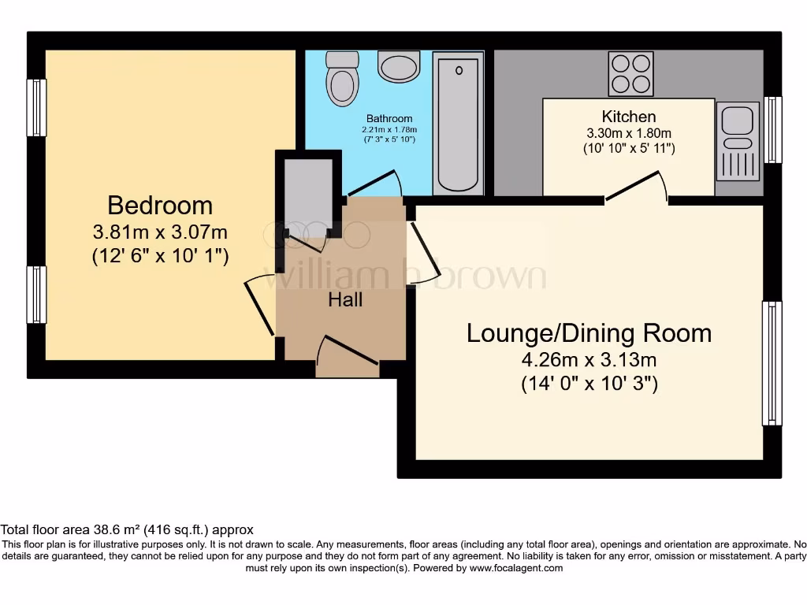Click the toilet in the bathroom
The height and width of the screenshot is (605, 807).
(342, 79)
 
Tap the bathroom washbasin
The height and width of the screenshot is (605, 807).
(398, 67)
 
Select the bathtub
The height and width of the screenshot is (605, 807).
(458, 122)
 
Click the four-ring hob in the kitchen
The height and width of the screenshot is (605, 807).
(630, 73)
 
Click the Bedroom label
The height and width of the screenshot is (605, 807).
(160, 206)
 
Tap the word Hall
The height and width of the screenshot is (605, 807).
(345, 299)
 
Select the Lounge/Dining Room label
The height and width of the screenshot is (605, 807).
(589, 333)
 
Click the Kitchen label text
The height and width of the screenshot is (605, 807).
(628, 117)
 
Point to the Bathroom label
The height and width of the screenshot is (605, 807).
(389, 119)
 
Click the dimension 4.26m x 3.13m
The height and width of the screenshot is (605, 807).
(589, 361)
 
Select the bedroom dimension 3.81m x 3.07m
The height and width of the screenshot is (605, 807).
(160, 232)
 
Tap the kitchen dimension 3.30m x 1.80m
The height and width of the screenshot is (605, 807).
(628, 133)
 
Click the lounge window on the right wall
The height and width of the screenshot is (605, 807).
(772, 363)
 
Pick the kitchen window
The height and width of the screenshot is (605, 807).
(774, 130)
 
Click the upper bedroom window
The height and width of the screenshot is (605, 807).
(36, 108)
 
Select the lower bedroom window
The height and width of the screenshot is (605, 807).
(36, 295)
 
